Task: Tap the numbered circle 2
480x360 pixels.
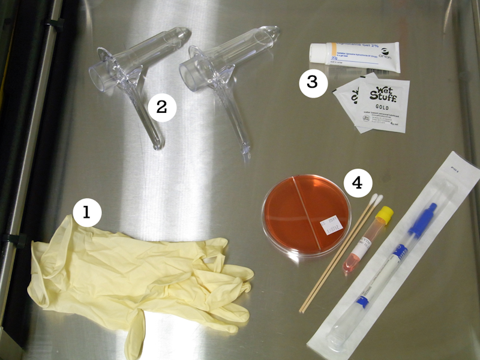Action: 161,107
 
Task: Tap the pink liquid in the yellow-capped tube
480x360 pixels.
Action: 350,264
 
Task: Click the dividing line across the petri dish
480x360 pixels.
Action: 306,213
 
